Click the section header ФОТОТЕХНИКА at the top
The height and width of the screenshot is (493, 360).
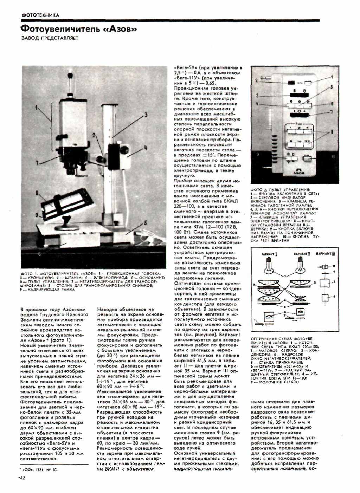tap(40, 15)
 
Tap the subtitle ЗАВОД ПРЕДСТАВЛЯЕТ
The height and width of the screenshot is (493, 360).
tap(50, 38)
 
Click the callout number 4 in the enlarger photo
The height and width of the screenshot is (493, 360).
tap(145, 148)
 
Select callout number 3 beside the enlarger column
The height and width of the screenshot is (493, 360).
tap(145, 115)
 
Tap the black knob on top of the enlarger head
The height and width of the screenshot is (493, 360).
tap(72, 76)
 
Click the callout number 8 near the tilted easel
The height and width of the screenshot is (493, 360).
tap(37, 193)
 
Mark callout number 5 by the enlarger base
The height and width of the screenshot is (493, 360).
tap(145, 223)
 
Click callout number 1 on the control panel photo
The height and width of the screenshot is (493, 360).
tap(332, 77)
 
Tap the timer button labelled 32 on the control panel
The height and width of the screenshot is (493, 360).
tap(307, 141)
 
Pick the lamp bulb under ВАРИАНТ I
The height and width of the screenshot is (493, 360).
tap(270, 266)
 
